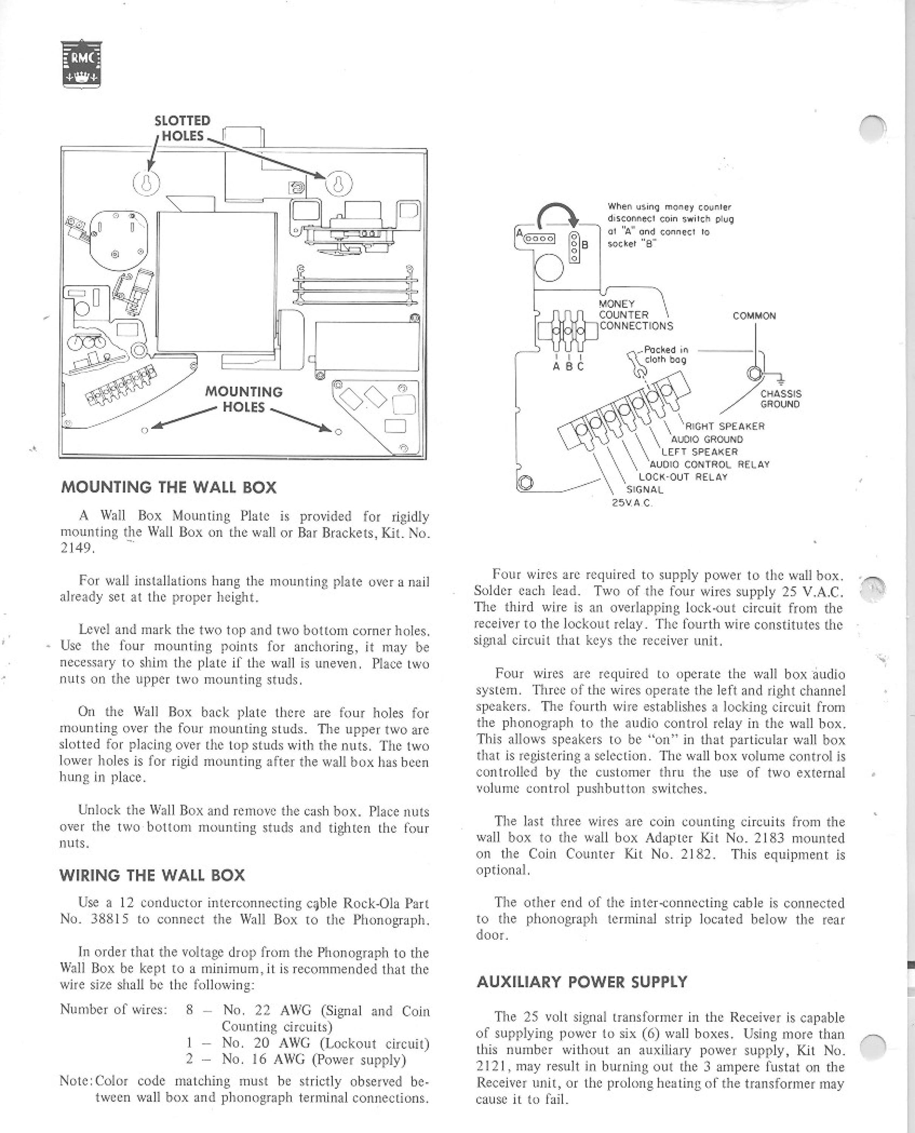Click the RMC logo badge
tap(81, 64)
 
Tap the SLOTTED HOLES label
tap(182, 128)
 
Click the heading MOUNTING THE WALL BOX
tap(168, 487)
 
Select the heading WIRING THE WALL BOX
tap(152, 875)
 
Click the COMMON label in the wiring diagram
tap(754, 316)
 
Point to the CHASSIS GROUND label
tap(781, 399)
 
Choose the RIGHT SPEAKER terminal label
tap(724, 426)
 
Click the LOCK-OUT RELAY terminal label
tap(683, 477)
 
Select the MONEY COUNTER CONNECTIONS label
tap(636, 315)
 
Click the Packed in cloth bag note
tap(665, 355)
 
